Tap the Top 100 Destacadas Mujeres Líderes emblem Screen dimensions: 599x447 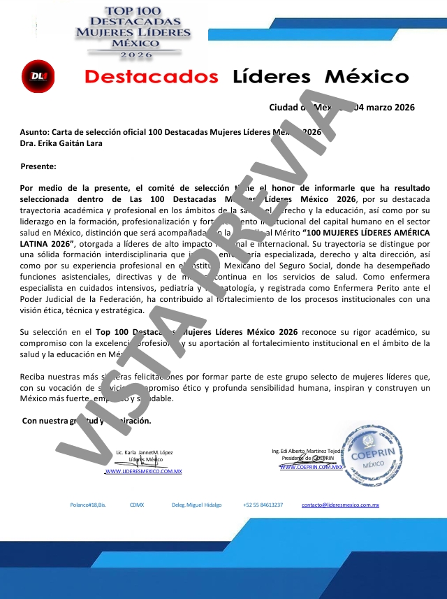pos(132,32)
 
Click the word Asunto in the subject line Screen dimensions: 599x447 pos(35,132)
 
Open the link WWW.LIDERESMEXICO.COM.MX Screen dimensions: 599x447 pos(143,472)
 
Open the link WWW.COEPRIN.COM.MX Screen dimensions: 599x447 pos(311,466)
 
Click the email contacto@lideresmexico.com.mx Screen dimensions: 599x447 pos(340,505)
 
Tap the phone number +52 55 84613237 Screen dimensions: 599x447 pos(263,505)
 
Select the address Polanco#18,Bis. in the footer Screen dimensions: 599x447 pos(88,505)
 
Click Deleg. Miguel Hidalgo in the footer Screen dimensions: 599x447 pos(196,505)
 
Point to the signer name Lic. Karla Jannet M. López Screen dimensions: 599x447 pos(145,452)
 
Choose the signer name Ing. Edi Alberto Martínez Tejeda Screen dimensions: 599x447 pos(307,452)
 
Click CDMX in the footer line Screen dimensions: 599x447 pos(137,505)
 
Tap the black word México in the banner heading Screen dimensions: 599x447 pos(367,76)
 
